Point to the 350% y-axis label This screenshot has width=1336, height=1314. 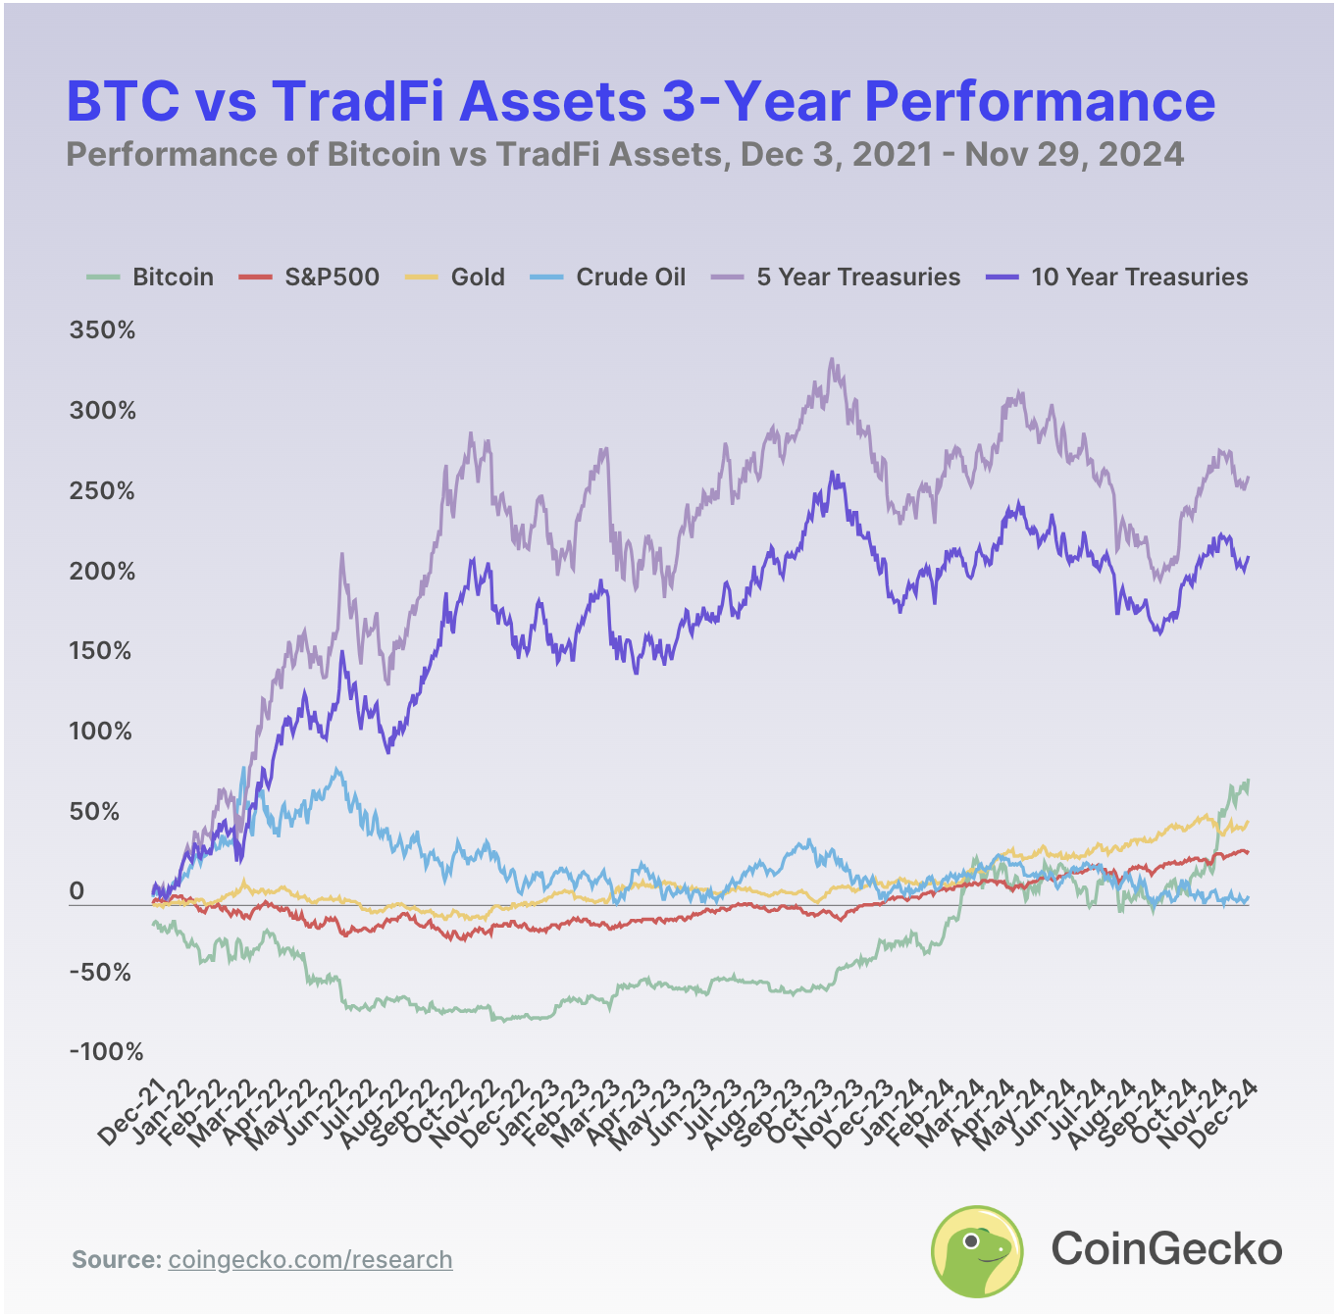point(102,330)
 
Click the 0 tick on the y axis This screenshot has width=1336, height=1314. point(77,891)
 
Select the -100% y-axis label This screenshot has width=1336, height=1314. point(106,1052)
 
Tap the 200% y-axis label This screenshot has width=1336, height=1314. point(102,572)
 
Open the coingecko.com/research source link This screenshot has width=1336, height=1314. point(310,1260)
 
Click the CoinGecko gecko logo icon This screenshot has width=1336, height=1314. point(976,1250)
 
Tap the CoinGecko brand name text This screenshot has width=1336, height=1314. point(1166,1249)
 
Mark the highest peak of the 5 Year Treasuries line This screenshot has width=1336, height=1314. point(832,359)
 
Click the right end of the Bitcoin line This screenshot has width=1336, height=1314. point(1248,781)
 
